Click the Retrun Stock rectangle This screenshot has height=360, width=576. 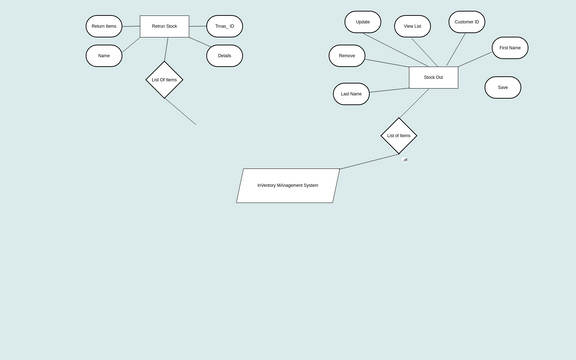point(164,26)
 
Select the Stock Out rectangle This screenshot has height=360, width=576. point(433,77)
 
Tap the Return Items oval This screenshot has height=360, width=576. point(104,26)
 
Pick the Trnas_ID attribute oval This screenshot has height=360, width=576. point(224,26)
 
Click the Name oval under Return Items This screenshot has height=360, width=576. point(104,56)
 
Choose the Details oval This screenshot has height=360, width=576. point(224,56)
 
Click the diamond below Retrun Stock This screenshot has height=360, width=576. point(164,80)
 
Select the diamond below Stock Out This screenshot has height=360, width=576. point(398,135)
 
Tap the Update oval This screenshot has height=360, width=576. point(363,22)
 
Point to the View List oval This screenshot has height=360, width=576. point(413,26)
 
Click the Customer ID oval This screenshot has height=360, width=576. point(467,22)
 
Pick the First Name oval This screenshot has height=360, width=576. point(510,48)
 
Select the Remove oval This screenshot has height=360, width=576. point(347,56)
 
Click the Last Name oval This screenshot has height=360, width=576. point(351,94)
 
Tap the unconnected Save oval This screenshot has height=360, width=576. point(503,87)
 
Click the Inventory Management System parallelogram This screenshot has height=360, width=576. point(288,185)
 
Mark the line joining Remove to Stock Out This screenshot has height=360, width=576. point(387,64)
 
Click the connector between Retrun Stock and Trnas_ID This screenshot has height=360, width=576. point(197,26)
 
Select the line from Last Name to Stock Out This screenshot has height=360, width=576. point(389,86)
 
